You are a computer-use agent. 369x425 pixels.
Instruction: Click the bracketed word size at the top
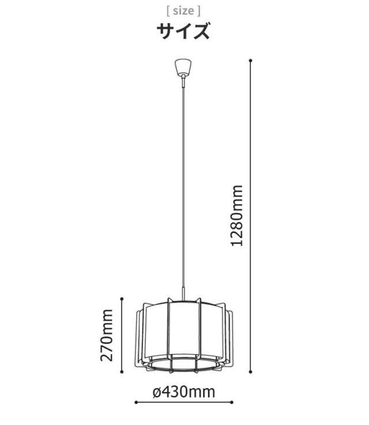183,11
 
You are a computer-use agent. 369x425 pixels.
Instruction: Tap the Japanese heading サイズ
183,31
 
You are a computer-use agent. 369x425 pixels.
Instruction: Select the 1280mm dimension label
236,216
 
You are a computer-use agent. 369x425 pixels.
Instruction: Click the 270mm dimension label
106,335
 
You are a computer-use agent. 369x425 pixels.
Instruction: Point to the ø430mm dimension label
184,392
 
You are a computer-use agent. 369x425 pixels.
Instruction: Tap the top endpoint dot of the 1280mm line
250,60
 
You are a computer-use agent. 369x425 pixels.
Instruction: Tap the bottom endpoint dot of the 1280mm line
250,372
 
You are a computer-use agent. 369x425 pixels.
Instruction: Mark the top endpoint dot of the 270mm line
122,299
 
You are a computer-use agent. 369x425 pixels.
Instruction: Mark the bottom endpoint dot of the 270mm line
122,372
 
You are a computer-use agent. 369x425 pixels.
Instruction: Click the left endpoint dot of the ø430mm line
136,403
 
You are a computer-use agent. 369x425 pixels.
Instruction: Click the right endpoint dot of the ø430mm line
231,403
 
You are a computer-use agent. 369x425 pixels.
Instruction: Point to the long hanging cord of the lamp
183,187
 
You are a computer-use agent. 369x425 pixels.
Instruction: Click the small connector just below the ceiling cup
183,81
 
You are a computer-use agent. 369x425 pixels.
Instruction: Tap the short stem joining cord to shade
184,294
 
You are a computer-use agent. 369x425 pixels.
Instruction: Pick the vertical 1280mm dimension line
250,216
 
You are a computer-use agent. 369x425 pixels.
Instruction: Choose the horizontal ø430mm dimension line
184,403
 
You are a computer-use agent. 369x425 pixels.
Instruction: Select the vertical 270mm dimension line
122,335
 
